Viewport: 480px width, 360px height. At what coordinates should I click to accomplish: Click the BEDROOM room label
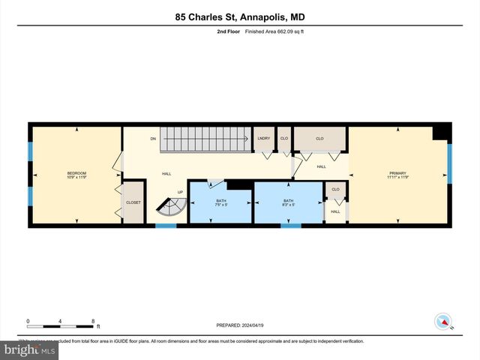[76, 175]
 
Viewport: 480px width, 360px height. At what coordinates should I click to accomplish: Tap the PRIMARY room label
[397, 175]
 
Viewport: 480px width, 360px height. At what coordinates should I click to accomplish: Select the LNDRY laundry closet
[263, 139]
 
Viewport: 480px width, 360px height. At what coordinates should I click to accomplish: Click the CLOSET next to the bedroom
[133, 202]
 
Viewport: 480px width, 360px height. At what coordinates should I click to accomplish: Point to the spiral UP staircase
[170, 206]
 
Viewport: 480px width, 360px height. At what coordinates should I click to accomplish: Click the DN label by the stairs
[153, 139]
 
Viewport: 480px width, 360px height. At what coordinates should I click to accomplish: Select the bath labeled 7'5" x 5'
[220, 202]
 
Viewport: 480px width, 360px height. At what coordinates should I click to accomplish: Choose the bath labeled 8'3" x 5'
[288, 202]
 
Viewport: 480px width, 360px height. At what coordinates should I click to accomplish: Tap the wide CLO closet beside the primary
[319, 139]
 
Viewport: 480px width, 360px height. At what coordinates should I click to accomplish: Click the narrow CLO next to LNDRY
[284, 139]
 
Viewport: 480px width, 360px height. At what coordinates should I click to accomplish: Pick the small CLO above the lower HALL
[335, 190]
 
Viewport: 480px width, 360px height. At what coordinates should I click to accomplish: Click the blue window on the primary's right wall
[449, 163]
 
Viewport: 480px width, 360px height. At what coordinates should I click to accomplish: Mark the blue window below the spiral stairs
[166, 225]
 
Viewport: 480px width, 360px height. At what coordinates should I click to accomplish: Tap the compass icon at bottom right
[445, 322]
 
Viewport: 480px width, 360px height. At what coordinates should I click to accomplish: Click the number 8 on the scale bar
[93, 320]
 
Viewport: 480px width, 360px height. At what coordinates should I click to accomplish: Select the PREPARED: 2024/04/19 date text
[240, 325]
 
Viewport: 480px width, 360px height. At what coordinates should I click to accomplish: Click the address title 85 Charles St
[240, 16]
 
